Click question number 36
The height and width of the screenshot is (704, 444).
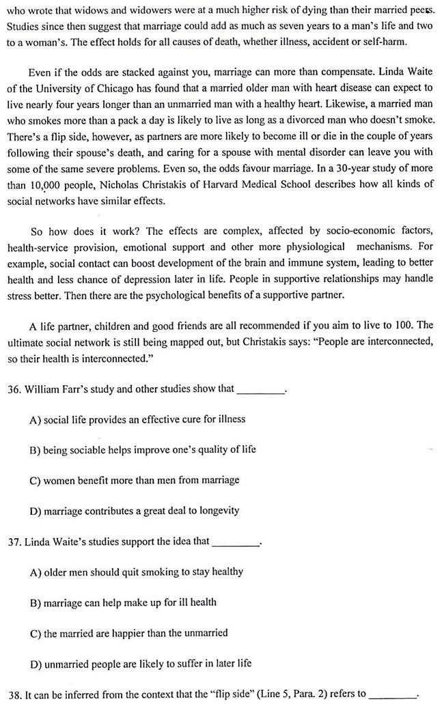13,389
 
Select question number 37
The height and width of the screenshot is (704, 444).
13,541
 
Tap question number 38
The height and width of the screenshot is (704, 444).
13,694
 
